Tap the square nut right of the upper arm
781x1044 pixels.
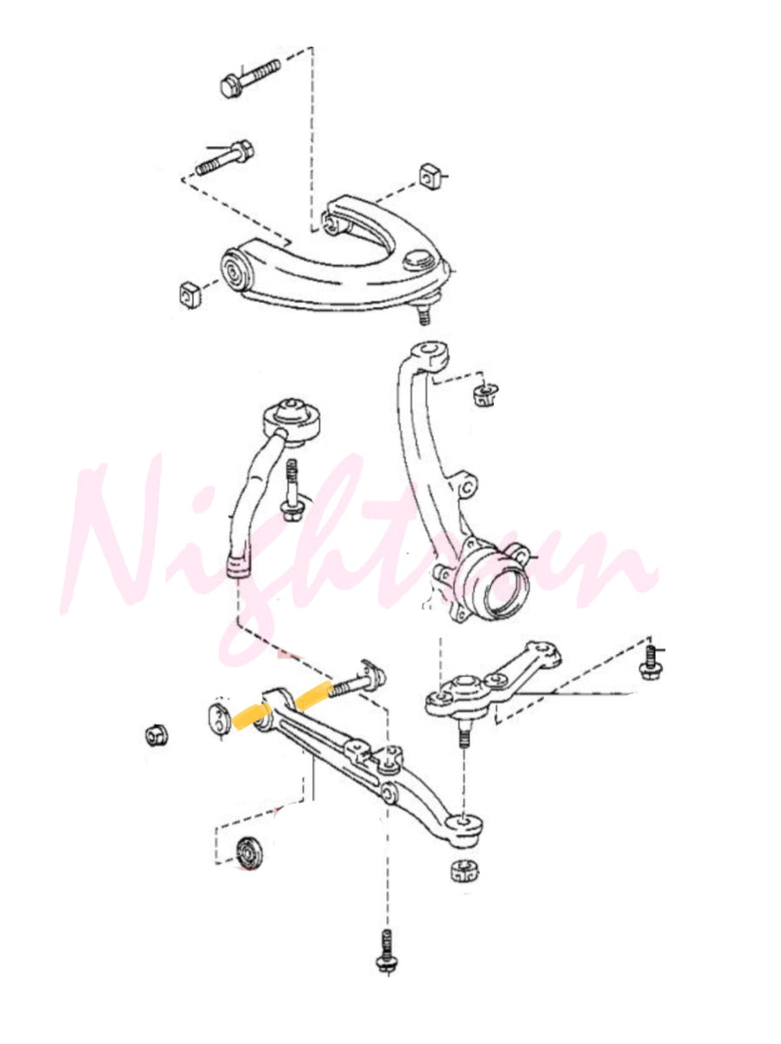pyautogui.click(x=427, y=175)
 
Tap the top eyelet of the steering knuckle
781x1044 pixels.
pyautogui.click(x=431, y=354)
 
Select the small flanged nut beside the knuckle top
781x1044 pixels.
pyautogui.click(x=484, y=396)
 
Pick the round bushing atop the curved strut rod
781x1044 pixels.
pyautogui.click(x=294, y=418)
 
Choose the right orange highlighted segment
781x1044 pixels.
pyautogui.click(x=312, y=696)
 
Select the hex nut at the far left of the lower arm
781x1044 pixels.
pyautogui.click(x=156, y=736)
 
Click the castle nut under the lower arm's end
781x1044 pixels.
pyautogui.click(x=464, y=869)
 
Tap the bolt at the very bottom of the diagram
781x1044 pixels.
pyautogui.click(x=384, y=951)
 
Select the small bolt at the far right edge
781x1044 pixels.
pyautogui.click(x=649, y=662)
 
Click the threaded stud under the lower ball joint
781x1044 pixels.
pyautogui.click(x=464, y=739)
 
